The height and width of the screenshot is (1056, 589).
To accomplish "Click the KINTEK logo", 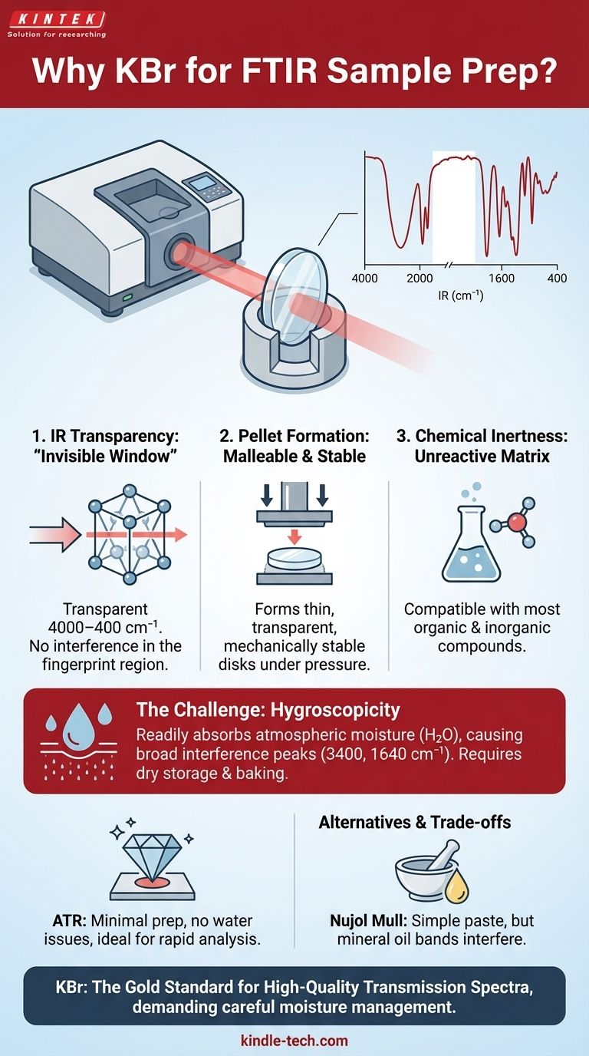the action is (x=57, y=19).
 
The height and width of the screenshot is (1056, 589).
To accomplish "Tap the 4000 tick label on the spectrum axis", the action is (x=365, y=279).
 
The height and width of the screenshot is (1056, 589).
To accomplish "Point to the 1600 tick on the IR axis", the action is (x=502, y=279).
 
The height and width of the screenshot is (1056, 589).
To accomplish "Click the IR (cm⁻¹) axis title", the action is (x=460, y=296).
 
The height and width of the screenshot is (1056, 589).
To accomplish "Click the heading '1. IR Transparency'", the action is (x=106, y=436).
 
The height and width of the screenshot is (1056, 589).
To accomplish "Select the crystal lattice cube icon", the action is (x=129, y=535).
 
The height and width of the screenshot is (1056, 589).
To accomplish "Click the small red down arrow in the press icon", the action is (x=294, y=536).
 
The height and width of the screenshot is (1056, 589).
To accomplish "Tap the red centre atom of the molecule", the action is (x=516, y=523).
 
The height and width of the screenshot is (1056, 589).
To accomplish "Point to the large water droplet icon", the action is (x=79, y=727).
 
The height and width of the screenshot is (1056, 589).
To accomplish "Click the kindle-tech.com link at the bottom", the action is (x=294, y=1041).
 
